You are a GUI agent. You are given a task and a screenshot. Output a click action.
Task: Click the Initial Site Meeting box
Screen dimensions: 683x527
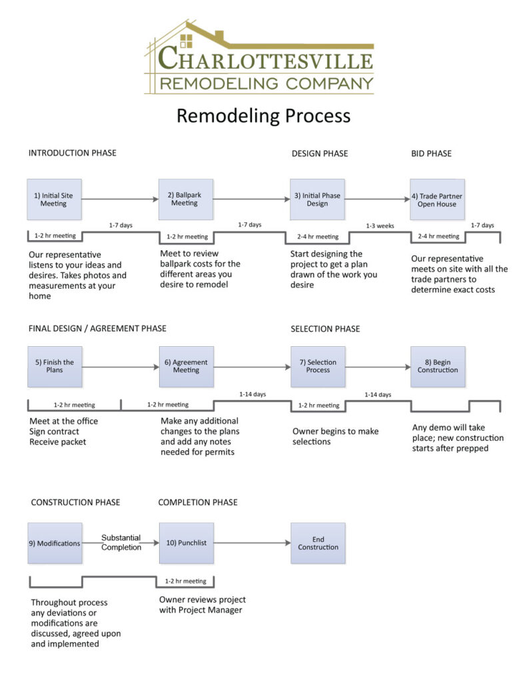coord(54,199)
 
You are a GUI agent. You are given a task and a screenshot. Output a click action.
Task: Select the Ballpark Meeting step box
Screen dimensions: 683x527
coord(185,199)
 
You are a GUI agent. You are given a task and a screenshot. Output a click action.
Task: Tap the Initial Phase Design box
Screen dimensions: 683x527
coord(317,199)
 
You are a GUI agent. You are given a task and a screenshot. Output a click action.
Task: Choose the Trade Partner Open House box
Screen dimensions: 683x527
coord(437,199)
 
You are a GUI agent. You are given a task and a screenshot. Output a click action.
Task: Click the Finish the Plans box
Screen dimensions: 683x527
coord(55,366)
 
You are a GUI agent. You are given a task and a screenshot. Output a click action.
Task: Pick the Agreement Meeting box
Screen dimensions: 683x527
coord(186,366)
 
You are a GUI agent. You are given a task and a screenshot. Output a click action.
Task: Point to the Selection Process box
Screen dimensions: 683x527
coord(318,366)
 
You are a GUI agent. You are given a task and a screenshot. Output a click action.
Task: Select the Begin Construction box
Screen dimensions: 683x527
coord(437,366)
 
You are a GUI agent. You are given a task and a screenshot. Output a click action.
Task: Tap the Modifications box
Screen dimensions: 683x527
coord(55,543)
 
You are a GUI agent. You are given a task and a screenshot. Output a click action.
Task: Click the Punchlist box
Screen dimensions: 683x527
coord(186,543)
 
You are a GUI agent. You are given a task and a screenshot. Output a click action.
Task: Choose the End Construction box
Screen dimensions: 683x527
coord(318,543)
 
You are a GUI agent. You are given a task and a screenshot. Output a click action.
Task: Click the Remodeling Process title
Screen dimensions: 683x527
coord(263,115)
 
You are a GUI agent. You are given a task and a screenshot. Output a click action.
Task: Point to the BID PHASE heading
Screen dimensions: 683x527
coord(431,153)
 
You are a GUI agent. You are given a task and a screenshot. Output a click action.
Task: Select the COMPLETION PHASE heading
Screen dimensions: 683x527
coord(198,502)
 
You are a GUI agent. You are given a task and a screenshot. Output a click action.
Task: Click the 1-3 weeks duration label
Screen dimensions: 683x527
coord(379,226)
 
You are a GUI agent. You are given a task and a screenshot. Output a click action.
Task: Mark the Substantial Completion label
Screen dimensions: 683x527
coord(121,542)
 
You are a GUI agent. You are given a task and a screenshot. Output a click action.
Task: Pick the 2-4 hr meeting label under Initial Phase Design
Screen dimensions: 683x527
coord(318,237)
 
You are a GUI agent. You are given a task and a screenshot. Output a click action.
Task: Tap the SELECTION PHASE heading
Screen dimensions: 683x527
coord(325,329)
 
